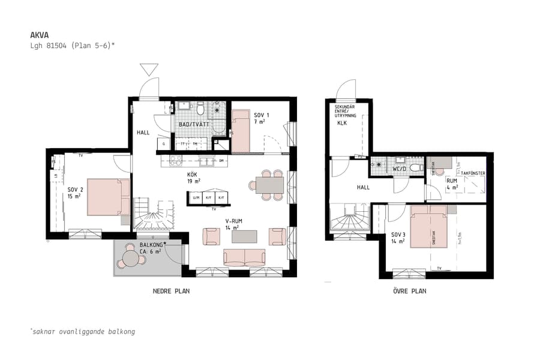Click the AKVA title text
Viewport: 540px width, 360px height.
coord(40,34)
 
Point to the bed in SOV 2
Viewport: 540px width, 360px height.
coord(108,197)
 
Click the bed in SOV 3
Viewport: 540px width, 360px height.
coord(428,226)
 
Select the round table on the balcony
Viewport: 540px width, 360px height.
coord(131,259)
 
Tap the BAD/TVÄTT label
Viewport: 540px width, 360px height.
coord(192,124)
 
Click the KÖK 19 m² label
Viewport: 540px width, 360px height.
coord(193,176)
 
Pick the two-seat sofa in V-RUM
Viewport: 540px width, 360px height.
coord(245,257)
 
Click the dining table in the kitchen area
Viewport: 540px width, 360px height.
coord(269,184)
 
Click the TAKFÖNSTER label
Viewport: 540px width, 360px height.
coord(473,173)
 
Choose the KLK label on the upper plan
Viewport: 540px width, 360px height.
coord(342,123)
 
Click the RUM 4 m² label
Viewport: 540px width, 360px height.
coord(451,184)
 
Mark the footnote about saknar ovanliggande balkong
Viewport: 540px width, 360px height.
coord(82,331)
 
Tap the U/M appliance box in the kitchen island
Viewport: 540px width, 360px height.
coord(196,197)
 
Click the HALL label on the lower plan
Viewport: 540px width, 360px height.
coord(143,133)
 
